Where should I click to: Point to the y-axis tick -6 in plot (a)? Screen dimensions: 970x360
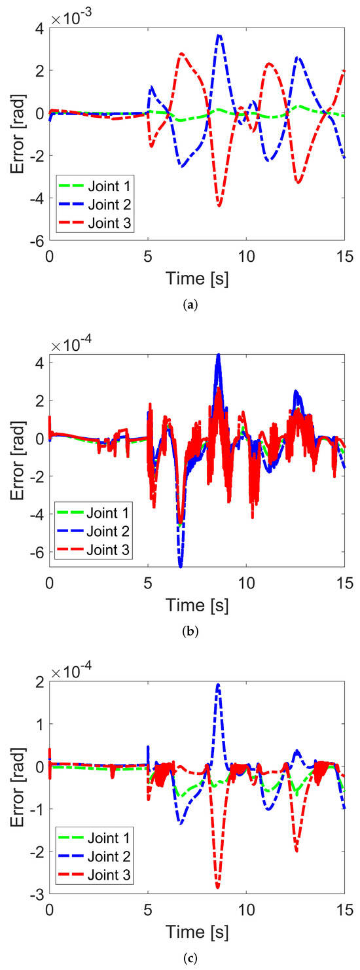(x=37, y=240)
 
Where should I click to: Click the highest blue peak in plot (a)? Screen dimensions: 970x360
(x=219, y=35)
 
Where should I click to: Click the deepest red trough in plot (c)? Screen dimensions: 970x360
(x=217, y=888)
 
